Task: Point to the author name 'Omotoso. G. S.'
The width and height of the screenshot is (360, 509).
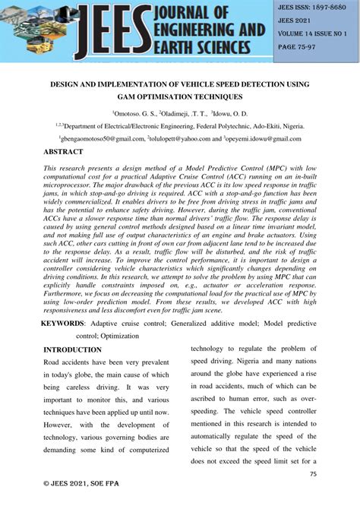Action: [x=135, y=113]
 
